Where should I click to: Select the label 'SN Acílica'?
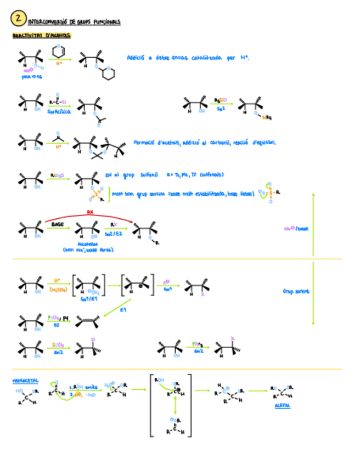pos(59,111)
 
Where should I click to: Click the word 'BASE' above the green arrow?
pos(58,224)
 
